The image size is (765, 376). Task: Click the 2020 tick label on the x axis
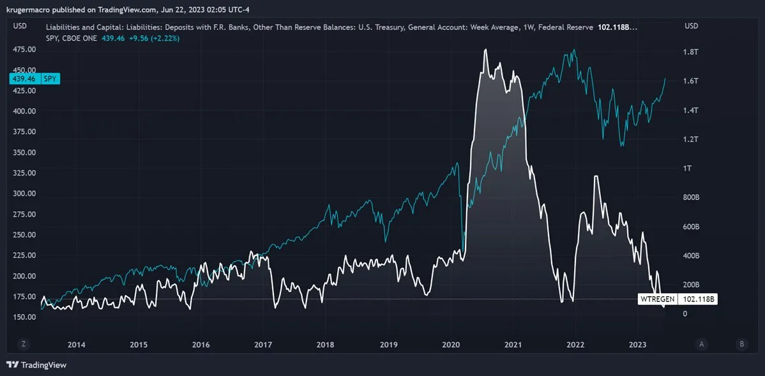click(x=451, y=345)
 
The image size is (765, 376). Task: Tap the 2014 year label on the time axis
click(x=76, y=345)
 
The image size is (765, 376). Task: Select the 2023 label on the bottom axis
click(x=638, y=345)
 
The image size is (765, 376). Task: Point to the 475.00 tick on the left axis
click(x=24, y=50)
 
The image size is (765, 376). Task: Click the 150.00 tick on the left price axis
click(x=24, y=317)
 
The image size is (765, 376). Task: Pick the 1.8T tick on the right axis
click(x=691, y=52)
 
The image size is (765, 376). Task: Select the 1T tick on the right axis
click(x=688, y=169)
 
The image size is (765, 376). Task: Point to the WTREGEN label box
click(x=657, y=299)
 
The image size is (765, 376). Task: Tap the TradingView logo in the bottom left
click(x=36, y=365)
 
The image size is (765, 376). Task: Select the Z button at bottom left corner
click(x=23, y=344)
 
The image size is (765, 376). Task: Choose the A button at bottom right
click(x=702, y=344)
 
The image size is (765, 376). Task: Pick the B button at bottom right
click(x=741, y=344)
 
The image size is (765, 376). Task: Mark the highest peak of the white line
click(x=486, y=50)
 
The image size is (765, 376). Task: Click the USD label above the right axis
click(x=691, y=26)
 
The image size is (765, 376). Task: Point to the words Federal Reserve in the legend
click(x=566, y=27)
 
